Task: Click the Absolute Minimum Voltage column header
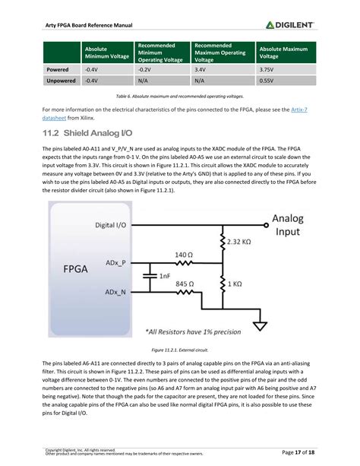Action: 105,52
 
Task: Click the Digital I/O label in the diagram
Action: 115,225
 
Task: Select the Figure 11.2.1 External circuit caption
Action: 180,349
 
